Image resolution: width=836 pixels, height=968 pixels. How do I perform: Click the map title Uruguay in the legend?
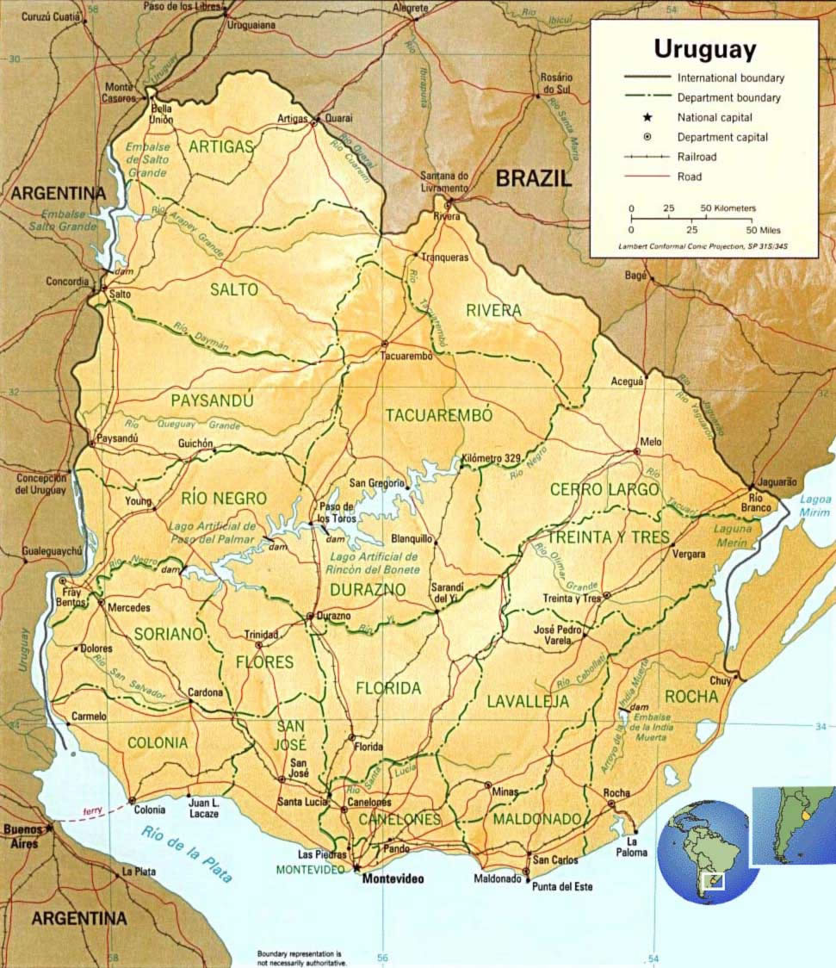point(704,48)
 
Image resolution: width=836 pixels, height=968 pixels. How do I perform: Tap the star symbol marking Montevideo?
point(356,868)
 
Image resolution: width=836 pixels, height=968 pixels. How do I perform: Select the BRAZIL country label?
point(533,178)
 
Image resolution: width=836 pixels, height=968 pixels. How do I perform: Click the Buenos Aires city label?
point(23,835)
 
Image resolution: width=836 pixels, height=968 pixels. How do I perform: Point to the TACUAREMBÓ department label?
point(439,415)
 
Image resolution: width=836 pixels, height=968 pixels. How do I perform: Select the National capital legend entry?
point(715,117)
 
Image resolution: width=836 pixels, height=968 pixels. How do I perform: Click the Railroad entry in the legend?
point(697,157)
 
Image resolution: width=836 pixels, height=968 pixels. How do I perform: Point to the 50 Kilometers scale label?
point(728,208)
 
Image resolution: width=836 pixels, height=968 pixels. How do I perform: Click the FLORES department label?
point(265,662)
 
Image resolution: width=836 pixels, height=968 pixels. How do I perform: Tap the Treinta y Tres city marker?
point(606,595)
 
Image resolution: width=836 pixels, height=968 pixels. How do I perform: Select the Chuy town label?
point(720,681)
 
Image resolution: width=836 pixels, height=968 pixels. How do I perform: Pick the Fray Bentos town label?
point(73,593)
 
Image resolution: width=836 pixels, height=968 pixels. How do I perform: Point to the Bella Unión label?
point(162,115)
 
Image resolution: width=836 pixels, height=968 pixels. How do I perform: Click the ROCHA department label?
point(690,696)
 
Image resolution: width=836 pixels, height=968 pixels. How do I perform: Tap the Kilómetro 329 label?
point(492,458)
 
